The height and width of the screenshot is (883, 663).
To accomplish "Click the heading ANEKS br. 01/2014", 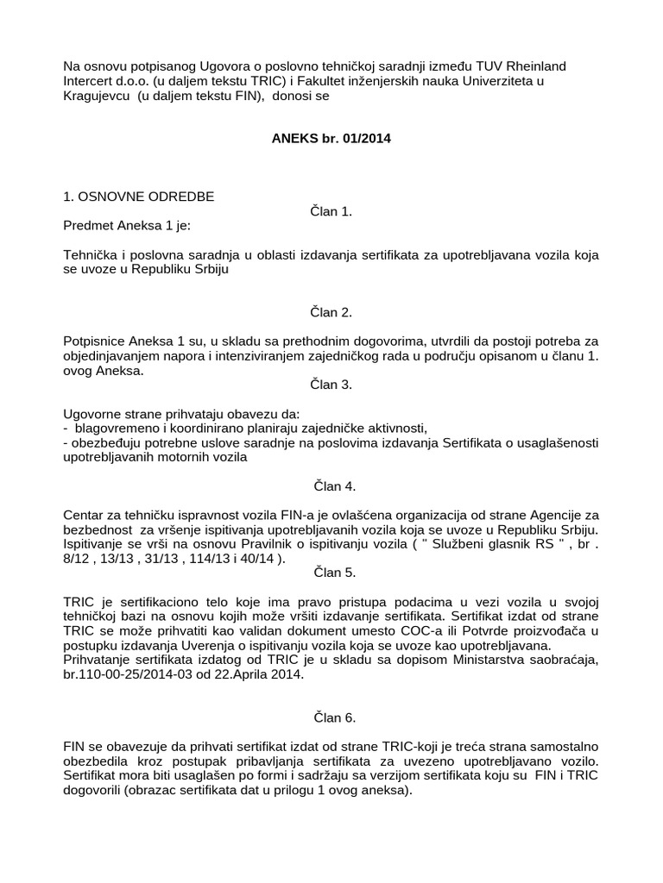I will [331, 138].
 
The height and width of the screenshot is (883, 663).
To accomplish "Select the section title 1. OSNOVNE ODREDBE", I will [139, 197].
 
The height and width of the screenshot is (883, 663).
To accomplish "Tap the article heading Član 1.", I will [331, 211].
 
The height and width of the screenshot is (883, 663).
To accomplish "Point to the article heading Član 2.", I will [331, 312].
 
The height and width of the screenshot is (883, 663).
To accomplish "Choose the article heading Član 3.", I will [331, 385].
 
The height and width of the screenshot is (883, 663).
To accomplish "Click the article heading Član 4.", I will [331, 486].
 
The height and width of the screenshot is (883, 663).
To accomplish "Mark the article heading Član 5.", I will [331, 572].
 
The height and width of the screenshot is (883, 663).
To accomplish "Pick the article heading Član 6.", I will [331, 717].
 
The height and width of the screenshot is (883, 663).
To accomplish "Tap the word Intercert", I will [91, 81].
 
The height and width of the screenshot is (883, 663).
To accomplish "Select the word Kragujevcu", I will [98, 96].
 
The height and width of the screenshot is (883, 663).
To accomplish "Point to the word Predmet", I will [89, 226].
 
